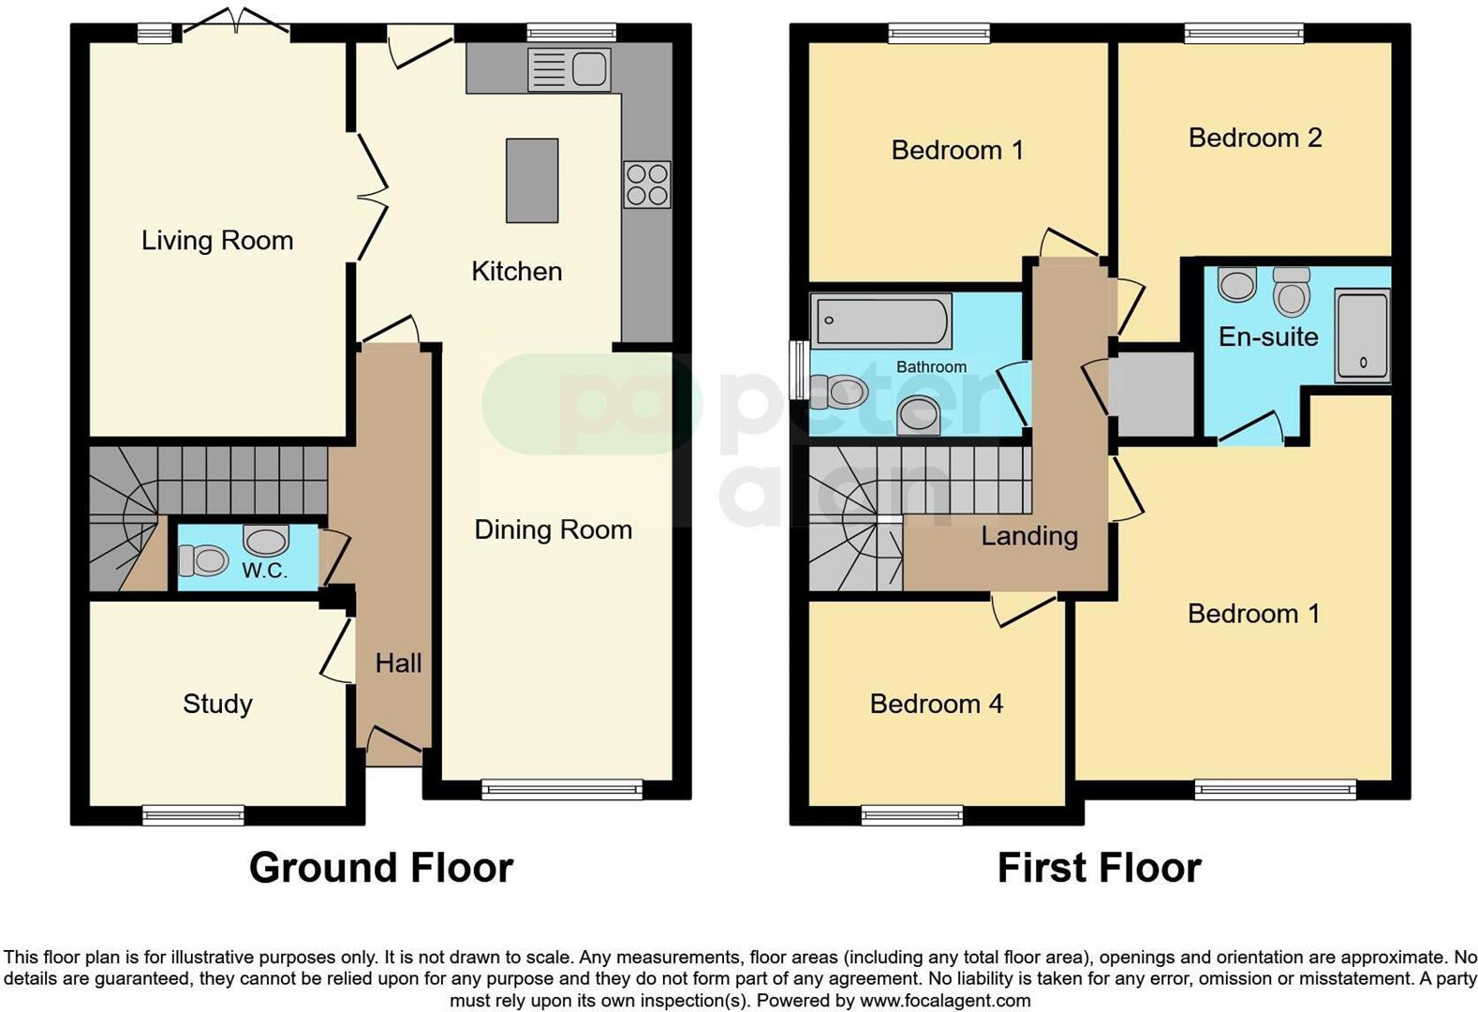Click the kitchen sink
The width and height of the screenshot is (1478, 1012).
coord(569,69)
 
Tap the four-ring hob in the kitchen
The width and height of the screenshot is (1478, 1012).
coord(646,184)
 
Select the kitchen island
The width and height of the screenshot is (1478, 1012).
coord(532,181)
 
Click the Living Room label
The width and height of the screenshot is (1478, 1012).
coord(217,241)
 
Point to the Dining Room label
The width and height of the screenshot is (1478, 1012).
coord(553,529)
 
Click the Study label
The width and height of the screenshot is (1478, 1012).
coord(217,704)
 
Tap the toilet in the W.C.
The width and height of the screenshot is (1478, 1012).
coord(203,561)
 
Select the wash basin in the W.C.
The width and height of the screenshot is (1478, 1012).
coord(266,541)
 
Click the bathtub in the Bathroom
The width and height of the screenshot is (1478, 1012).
coord(880,320)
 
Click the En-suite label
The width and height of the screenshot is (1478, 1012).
coord(1267,336)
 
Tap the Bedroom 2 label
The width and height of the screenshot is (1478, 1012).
coord(1254,138)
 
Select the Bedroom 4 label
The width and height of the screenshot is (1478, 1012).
coord(936,704)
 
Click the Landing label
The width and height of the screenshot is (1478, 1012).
coord(1028,536)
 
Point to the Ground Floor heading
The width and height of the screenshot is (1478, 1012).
coord(381,868)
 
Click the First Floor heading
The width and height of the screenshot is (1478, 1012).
coord(1099,868)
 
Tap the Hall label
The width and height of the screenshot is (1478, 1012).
coord(398,663)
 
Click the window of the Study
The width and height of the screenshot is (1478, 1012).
coord(193,815)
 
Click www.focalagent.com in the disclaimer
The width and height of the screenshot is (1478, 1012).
coord(945,1001)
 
